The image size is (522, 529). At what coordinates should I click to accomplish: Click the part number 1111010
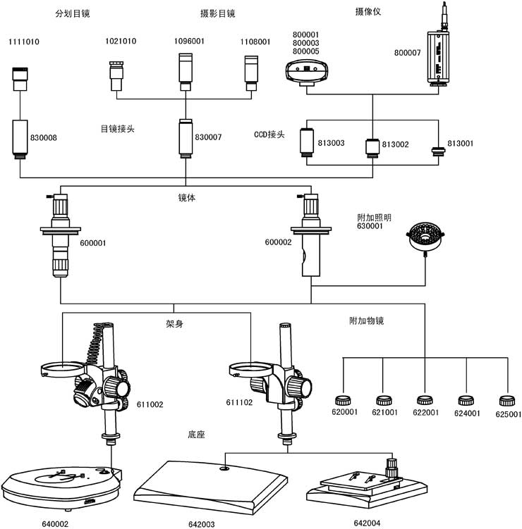point(24,42)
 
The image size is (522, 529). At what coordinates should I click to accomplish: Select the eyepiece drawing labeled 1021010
point(116,76)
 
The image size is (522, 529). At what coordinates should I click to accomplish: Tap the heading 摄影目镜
point(217,13)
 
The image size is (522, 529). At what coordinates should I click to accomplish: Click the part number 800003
point(305,43)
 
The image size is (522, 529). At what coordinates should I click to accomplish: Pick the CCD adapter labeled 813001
point(438,151)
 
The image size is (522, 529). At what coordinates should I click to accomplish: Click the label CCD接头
point(269,135)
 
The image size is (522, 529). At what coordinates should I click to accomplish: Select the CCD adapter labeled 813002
point(372,148)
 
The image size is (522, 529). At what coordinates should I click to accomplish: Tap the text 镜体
point(187,198)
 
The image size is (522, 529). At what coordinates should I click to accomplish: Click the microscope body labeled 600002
point(311,235)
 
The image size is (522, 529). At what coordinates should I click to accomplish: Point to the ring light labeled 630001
point(425,237)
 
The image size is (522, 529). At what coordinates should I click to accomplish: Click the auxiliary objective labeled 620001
point(343,401)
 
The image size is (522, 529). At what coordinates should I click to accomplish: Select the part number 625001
point(509,414)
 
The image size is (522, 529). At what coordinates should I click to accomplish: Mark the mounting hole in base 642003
point(224,468)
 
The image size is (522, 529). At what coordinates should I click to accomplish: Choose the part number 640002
point(55,524)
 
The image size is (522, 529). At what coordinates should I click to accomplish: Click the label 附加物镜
point(367,320)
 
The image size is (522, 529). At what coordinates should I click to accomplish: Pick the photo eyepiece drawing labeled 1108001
point(251,73)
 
